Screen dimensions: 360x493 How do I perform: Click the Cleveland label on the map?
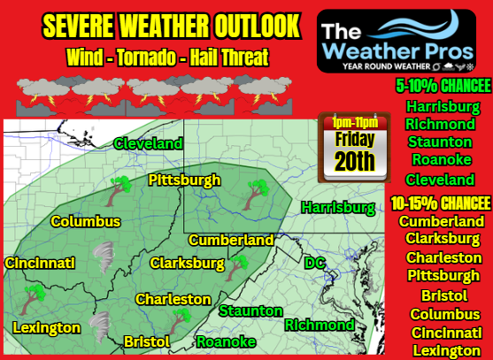pos(148,143)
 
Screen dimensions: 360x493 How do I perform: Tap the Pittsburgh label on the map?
pos(184,180)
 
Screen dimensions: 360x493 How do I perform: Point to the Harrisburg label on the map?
pos(338,208)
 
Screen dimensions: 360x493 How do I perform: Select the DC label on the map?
pos(315,263)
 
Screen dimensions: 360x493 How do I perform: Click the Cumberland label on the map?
pos(230,240)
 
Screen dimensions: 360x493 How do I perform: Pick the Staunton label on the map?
pos(250,310)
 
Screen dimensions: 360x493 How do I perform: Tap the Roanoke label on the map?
pos(226,341)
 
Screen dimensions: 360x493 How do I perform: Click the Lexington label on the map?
pos(46,328)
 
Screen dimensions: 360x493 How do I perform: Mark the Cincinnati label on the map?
pos(39,263)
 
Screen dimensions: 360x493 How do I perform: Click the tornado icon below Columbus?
pos(103,257)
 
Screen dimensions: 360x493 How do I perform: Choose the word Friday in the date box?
pos(354,139)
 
